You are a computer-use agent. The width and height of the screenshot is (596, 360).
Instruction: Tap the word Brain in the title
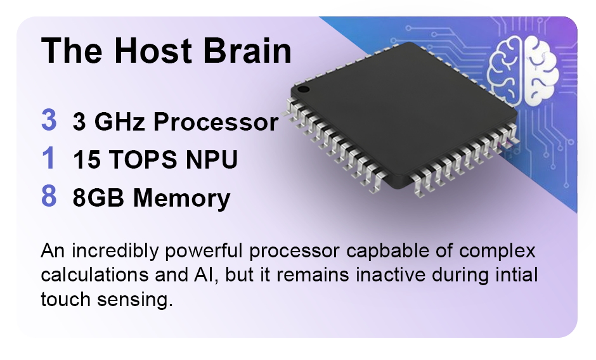pyautogui.click(x=247, y=50)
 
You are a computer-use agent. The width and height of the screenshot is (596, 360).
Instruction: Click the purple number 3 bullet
pyautogui.click(x=49, y=120)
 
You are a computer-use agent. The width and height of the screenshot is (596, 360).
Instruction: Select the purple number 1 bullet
pyautogui.click(x=49, y=158)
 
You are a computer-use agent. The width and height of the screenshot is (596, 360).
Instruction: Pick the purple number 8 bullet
pyautogui.click(x=49, y=196)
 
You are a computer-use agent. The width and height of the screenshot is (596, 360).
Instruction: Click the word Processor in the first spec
pyautogui.click(x=216, y=122)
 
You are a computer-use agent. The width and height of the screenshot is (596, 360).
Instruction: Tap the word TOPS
pyautogui.click(x=143, y=159)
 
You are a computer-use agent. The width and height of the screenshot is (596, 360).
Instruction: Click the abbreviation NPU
pyautogui.click(x=212, y=159)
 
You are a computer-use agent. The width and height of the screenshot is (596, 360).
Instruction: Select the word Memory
pyautogui.click(x=182, y=198)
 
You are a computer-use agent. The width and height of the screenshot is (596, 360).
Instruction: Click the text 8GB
pyautogui.click(x=98, y=198)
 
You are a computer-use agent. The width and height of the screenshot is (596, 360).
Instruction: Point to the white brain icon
pyautogui.click(x=522, y=71)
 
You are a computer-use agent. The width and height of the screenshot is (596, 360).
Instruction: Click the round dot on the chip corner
pyautogui.click(x=303, y=90)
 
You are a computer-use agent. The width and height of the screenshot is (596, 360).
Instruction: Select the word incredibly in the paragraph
pyautogui.click(x=115, y=252)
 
